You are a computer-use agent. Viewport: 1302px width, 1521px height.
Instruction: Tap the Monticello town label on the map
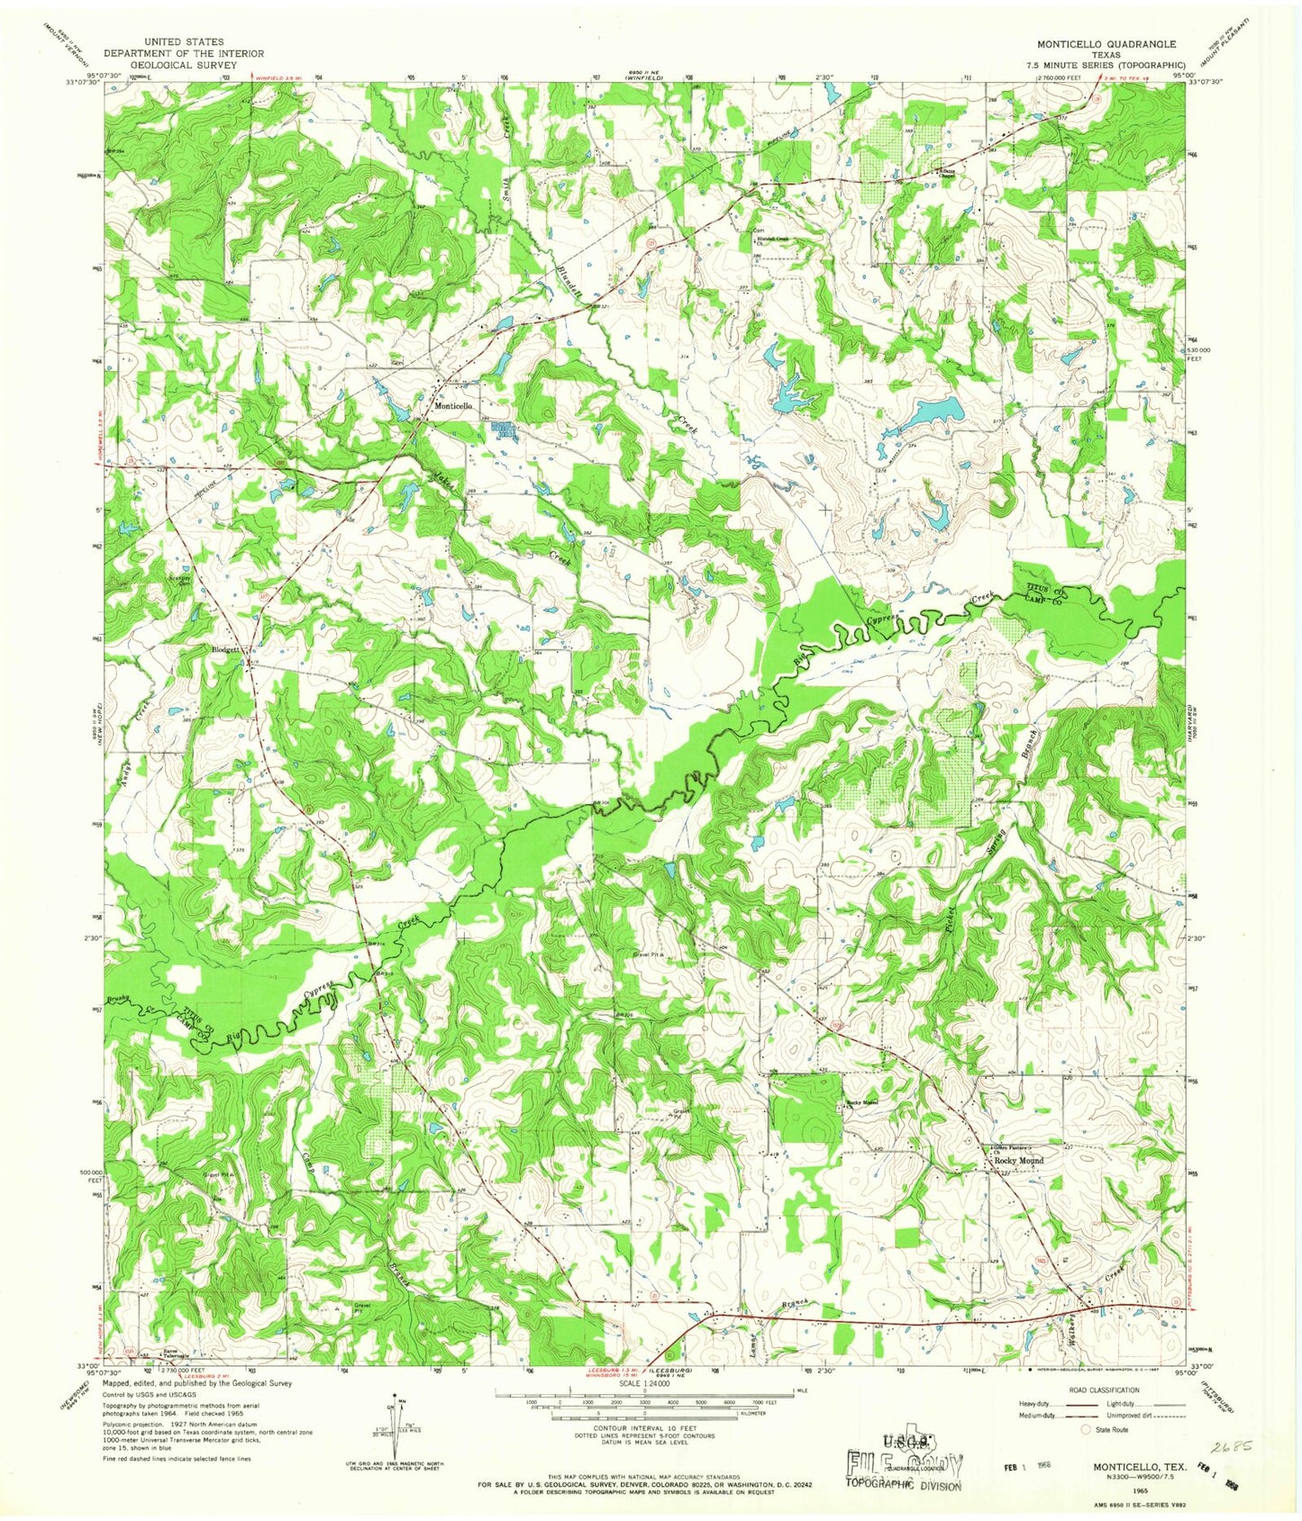(x=454, y=406)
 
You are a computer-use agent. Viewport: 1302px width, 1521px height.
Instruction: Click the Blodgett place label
(x=225, y=649)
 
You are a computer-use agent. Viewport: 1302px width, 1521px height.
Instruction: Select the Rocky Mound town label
(x=1018, y=1161)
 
